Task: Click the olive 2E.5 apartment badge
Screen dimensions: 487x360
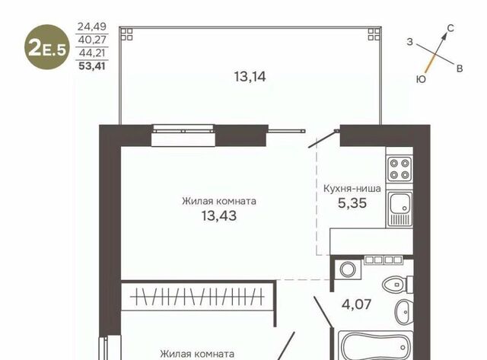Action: (47, 47)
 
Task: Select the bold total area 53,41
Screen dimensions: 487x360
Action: (92, 66)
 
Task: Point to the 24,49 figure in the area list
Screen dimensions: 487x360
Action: (92, 27)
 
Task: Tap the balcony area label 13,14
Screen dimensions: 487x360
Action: (250, 77)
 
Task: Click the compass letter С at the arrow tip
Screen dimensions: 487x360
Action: (450, 28)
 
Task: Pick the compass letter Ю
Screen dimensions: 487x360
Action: (421, 79)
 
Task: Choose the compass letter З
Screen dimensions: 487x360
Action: (410, 42)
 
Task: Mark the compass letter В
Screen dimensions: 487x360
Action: (460, 68)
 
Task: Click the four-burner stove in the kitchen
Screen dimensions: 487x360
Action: (399, 169)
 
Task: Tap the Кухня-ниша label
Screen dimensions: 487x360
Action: (352, 189)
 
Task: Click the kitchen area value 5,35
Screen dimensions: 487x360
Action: (352, 203)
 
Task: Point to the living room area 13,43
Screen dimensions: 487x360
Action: (219, 215)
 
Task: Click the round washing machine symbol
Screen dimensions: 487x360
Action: (348, 269)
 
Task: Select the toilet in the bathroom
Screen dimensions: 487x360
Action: (397, 284)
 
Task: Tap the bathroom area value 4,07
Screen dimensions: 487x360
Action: (356, 304)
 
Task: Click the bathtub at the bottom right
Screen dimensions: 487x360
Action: (375, 346)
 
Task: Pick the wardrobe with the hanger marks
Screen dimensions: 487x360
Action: (198, 297)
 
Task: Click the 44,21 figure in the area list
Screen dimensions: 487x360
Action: (92, 53)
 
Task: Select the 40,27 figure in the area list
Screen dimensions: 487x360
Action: (92, 40)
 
